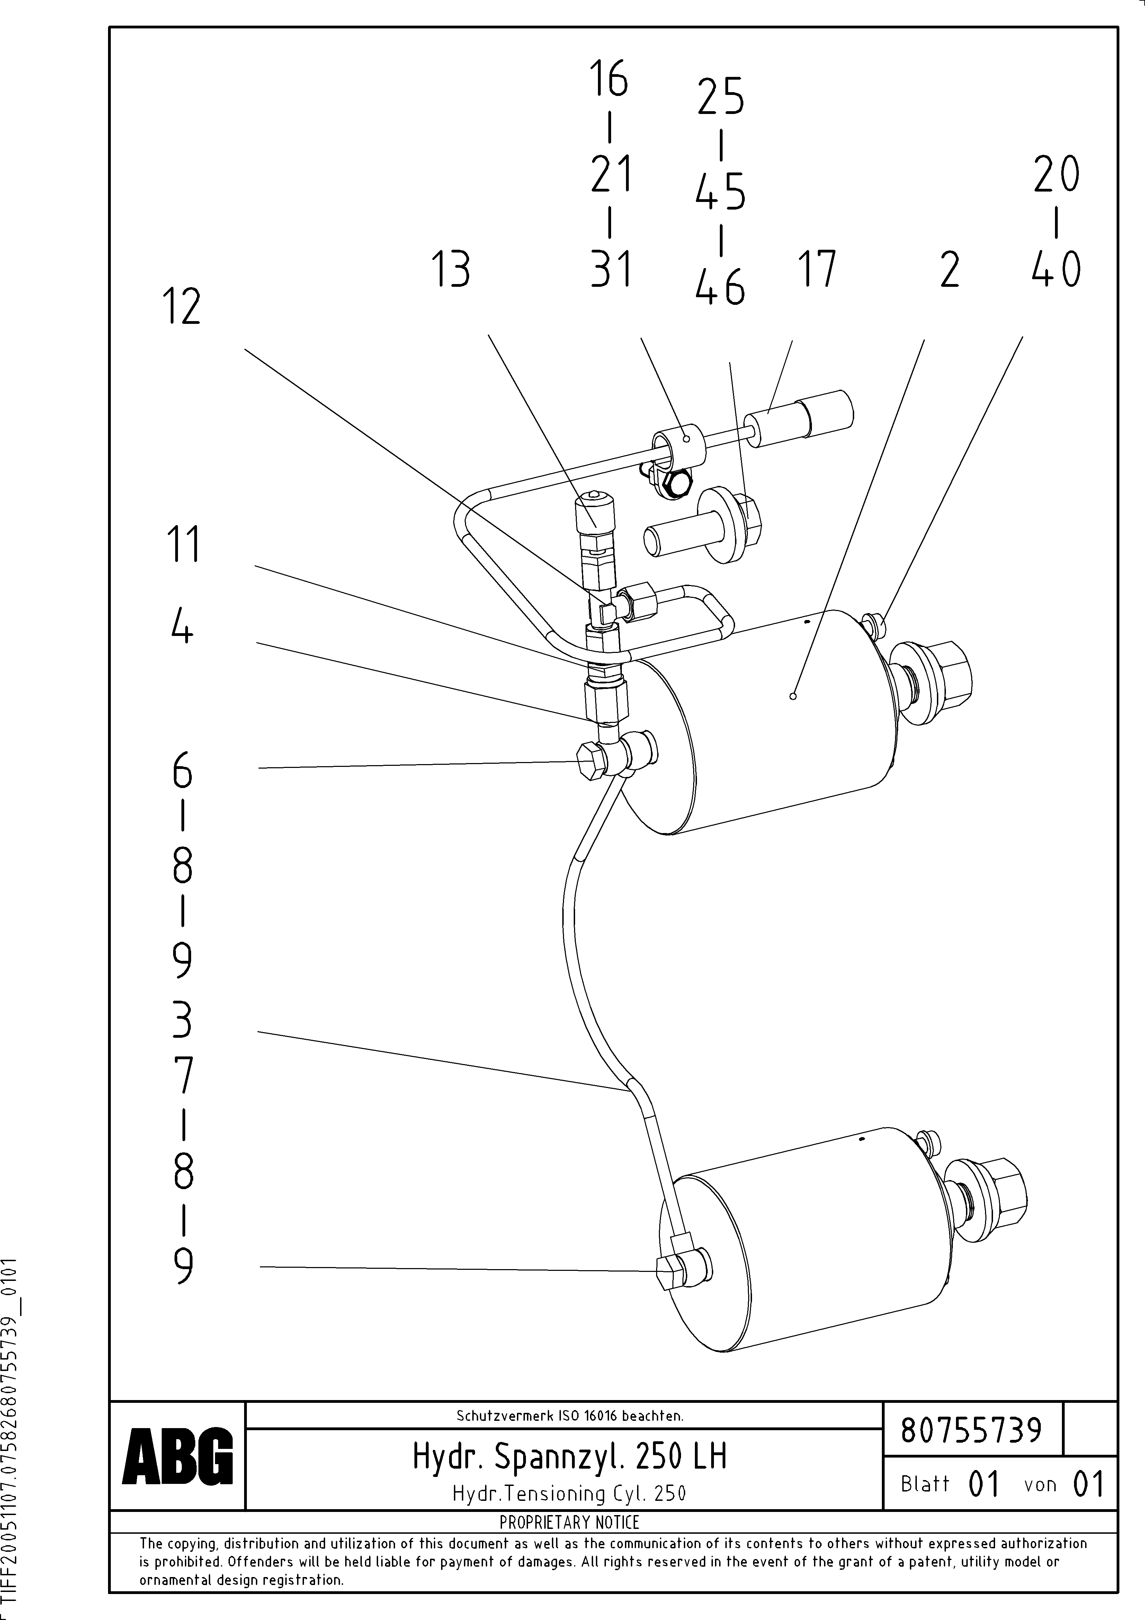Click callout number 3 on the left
coord(182,1021)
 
